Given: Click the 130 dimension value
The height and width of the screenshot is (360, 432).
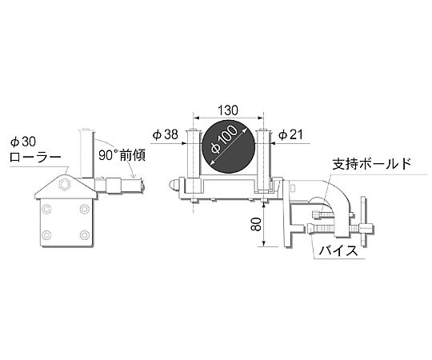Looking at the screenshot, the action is (x=227, y=110).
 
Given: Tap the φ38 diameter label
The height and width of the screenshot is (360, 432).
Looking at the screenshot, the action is (x=166, y=134).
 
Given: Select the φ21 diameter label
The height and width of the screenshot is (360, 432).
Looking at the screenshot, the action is (x=290, y=134).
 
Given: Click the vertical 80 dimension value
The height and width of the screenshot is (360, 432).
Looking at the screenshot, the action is (x=256, y=224).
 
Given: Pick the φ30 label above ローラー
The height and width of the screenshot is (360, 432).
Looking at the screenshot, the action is (x=23, y=142).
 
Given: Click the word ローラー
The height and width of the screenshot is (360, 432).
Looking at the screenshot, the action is (x=35, y=158).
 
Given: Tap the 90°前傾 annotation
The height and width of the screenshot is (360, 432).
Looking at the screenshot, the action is (x=122, y=156).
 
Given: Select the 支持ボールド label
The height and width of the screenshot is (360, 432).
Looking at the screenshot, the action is (x=372, y=165).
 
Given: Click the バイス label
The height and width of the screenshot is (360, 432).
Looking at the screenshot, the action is (x=339, y=251).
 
